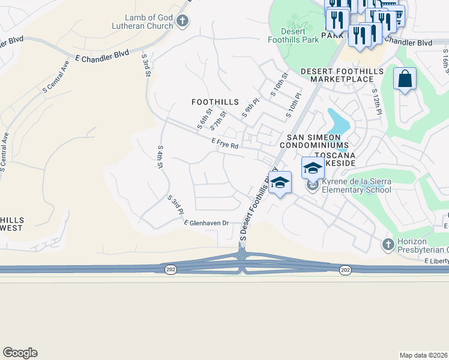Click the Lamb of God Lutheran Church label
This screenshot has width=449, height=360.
click(x=141, y=22)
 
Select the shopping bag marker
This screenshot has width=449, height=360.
click(x=405, y=79)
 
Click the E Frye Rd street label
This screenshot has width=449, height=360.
click(x=225, y=145)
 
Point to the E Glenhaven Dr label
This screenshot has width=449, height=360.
click(x=206, y=223)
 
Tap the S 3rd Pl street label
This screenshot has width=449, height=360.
click(x=175, y=205)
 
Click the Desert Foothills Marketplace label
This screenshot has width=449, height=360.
click(x=342, y=75)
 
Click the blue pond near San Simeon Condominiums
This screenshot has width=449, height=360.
click(x=337, y=122)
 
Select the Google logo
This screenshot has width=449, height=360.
click(x=20, y=353)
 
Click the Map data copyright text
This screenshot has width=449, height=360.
click(x=423, y=355)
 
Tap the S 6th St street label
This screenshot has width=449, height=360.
click(x=205, y=119)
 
